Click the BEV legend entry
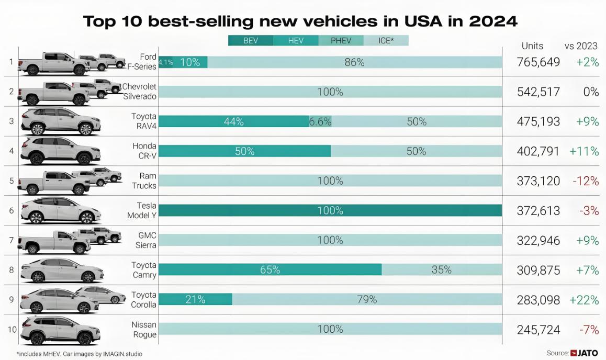(x=251, y=40)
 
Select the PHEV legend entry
(x=341, y=40)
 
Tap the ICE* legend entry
(x=386, y=40)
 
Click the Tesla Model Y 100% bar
(x=330, y=211)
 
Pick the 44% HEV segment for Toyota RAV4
(x=233, y=121)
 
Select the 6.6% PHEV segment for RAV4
(x=320, y=121)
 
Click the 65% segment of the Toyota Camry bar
(x=270, y=270)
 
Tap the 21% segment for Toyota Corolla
(x=195, y=299)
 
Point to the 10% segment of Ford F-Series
(x=190, y=62)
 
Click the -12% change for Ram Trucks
(x=585, y=181)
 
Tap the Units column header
(x=532, y=46)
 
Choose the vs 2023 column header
(x=581, y=46)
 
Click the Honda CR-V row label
(x=144, y=151)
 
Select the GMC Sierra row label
(x=147, y=240)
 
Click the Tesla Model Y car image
(x=60, y=210)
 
